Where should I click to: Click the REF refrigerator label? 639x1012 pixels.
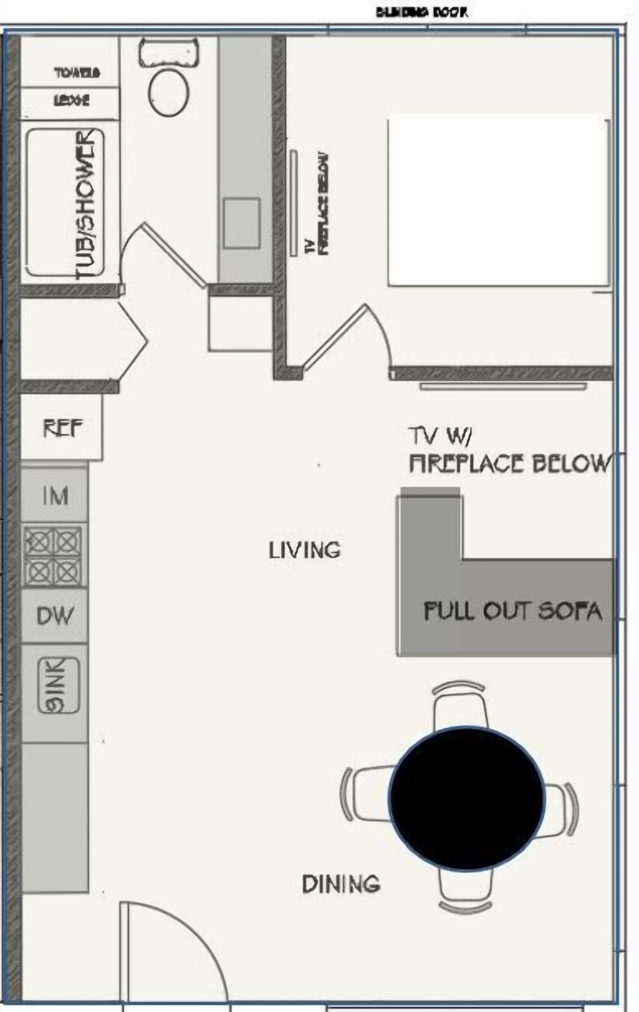pos(63,427)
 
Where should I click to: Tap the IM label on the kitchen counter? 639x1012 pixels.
pos(55,496)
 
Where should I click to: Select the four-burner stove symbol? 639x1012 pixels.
pos(53,556)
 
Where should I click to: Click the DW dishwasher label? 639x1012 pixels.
pos(55,616)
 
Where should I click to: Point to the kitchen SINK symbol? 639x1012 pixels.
pos(59,685)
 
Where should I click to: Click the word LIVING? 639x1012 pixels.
pos(304,550)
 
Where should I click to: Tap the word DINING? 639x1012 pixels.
pos(341,884)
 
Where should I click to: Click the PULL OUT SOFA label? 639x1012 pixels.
pos(513,611)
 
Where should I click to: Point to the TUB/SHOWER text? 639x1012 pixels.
pos(87,204)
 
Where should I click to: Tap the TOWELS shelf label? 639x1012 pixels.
pos(77,72)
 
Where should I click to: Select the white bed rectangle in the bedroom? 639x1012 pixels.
pos(499,201)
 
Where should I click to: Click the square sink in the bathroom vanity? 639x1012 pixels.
pos(241,223)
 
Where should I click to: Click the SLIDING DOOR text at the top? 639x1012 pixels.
pos(422,12)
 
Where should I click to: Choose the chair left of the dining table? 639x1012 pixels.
pos(366,794)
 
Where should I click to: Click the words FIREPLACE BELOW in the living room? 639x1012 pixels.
pos(509,463)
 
